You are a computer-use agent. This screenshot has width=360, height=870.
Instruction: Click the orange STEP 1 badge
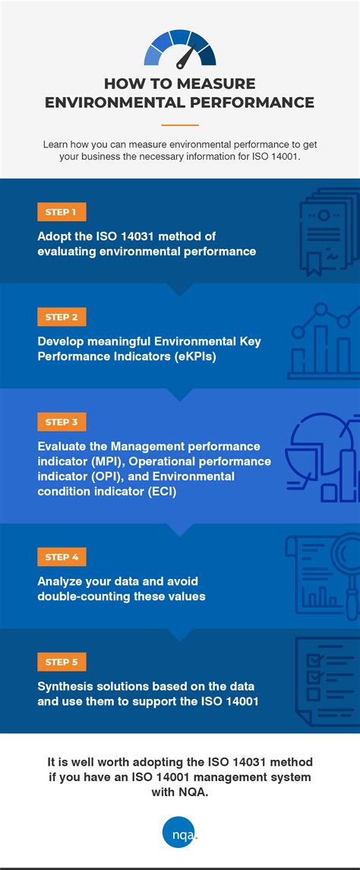62,212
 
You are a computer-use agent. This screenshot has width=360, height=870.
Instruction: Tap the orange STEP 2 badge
62,317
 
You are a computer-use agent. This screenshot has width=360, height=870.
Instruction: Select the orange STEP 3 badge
62,422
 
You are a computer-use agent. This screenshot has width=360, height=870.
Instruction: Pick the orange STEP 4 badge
62,557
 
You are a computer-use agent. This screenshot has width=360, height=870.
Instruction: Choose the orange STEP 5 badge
62,662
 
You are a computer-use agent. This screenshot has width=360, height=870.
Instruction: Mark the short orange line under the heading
180,125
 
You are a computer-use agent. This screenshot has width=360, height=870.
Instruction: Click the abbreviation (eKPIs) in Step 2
190,356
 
